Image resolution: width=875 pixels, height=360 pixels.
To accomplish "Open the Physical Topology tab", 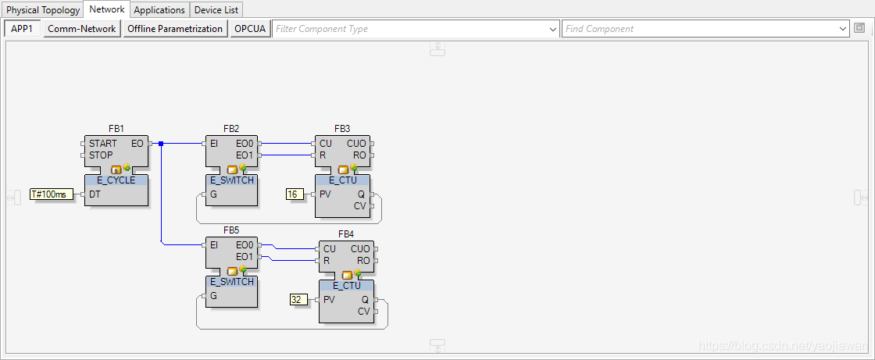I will click(43, 10).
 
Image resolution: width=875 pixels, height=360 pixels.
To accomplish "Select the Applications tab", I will click(159, 10).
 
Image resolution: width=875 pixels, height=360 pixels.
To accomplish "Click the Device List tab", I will click(216, 10).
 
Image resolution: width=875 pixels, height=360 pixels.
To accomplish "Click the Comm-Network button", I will click(81, 29).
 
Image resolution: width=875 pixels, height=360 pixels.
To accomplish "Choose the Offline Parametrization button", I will click(175, 29).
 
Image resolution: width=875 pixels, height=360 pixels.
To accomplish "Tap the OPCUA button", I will click(250, 29).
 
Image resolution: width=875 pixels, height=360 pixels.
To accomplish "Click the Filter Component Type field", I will click(410, 29).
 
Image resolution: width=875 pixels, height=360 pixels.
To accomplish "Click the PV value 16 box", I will click(295, 194).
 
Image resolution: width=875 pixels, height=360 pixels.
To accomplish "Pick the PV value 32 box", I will click(297, 299).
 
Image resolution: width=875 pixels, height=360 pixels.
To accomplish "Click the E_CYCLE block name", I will click(116, 180).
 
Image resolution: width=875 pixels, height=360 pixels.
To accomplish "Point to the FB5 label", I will click(230, 231).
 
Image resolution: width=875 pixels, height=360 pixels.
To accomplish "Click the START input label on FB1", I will click(102, 144).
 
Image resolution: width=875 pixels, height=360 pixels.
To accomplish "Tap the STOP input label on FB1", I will click(101, 155).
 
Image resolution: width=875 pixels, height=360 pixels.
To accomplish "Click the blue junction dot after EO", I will click(161, 144).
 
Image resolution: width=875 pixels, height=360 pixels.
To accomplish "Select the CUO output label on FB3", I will click(356, 144).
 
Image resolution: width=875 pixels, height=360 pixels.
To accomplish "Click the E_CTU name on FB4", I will click(346, 286).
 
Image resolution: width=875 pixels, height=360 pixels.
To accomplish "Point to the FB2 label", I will click(231, 128).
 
